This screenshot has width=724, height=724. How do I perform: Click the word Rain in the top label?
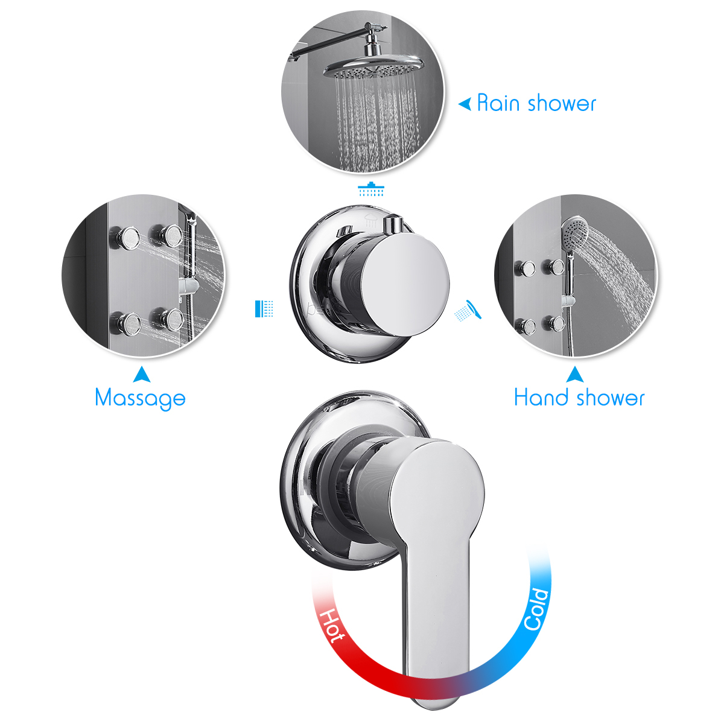click(x=498, y=103)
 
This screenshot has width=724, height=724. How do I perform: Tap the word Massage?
click(x=140, y=398)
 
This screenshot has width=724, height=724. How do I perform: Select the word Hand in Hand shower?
click(x=541, y=398)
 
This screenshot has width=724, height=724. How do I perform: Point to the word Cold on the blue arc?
click(x=536, y=609)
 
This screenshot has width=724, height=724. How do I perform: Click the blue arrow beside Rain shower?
click(x=465, y=104)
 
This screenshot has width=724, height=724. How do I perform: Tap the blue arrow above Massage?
click(x=142, y=375)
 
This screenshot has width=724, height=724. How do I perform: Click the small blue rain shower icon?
click(x=371, y=189)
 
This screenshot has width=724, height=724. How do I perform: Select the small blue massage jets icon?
click(x=264, y=308)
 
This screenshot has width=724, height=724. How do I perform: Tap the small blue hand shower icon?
click(x=469, y=311)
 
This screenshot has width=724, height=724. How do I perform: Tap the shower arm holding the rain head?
click(x=338, y=41)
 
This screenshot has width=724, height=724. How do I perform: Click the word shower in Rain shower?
click(x=560, y=103)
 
